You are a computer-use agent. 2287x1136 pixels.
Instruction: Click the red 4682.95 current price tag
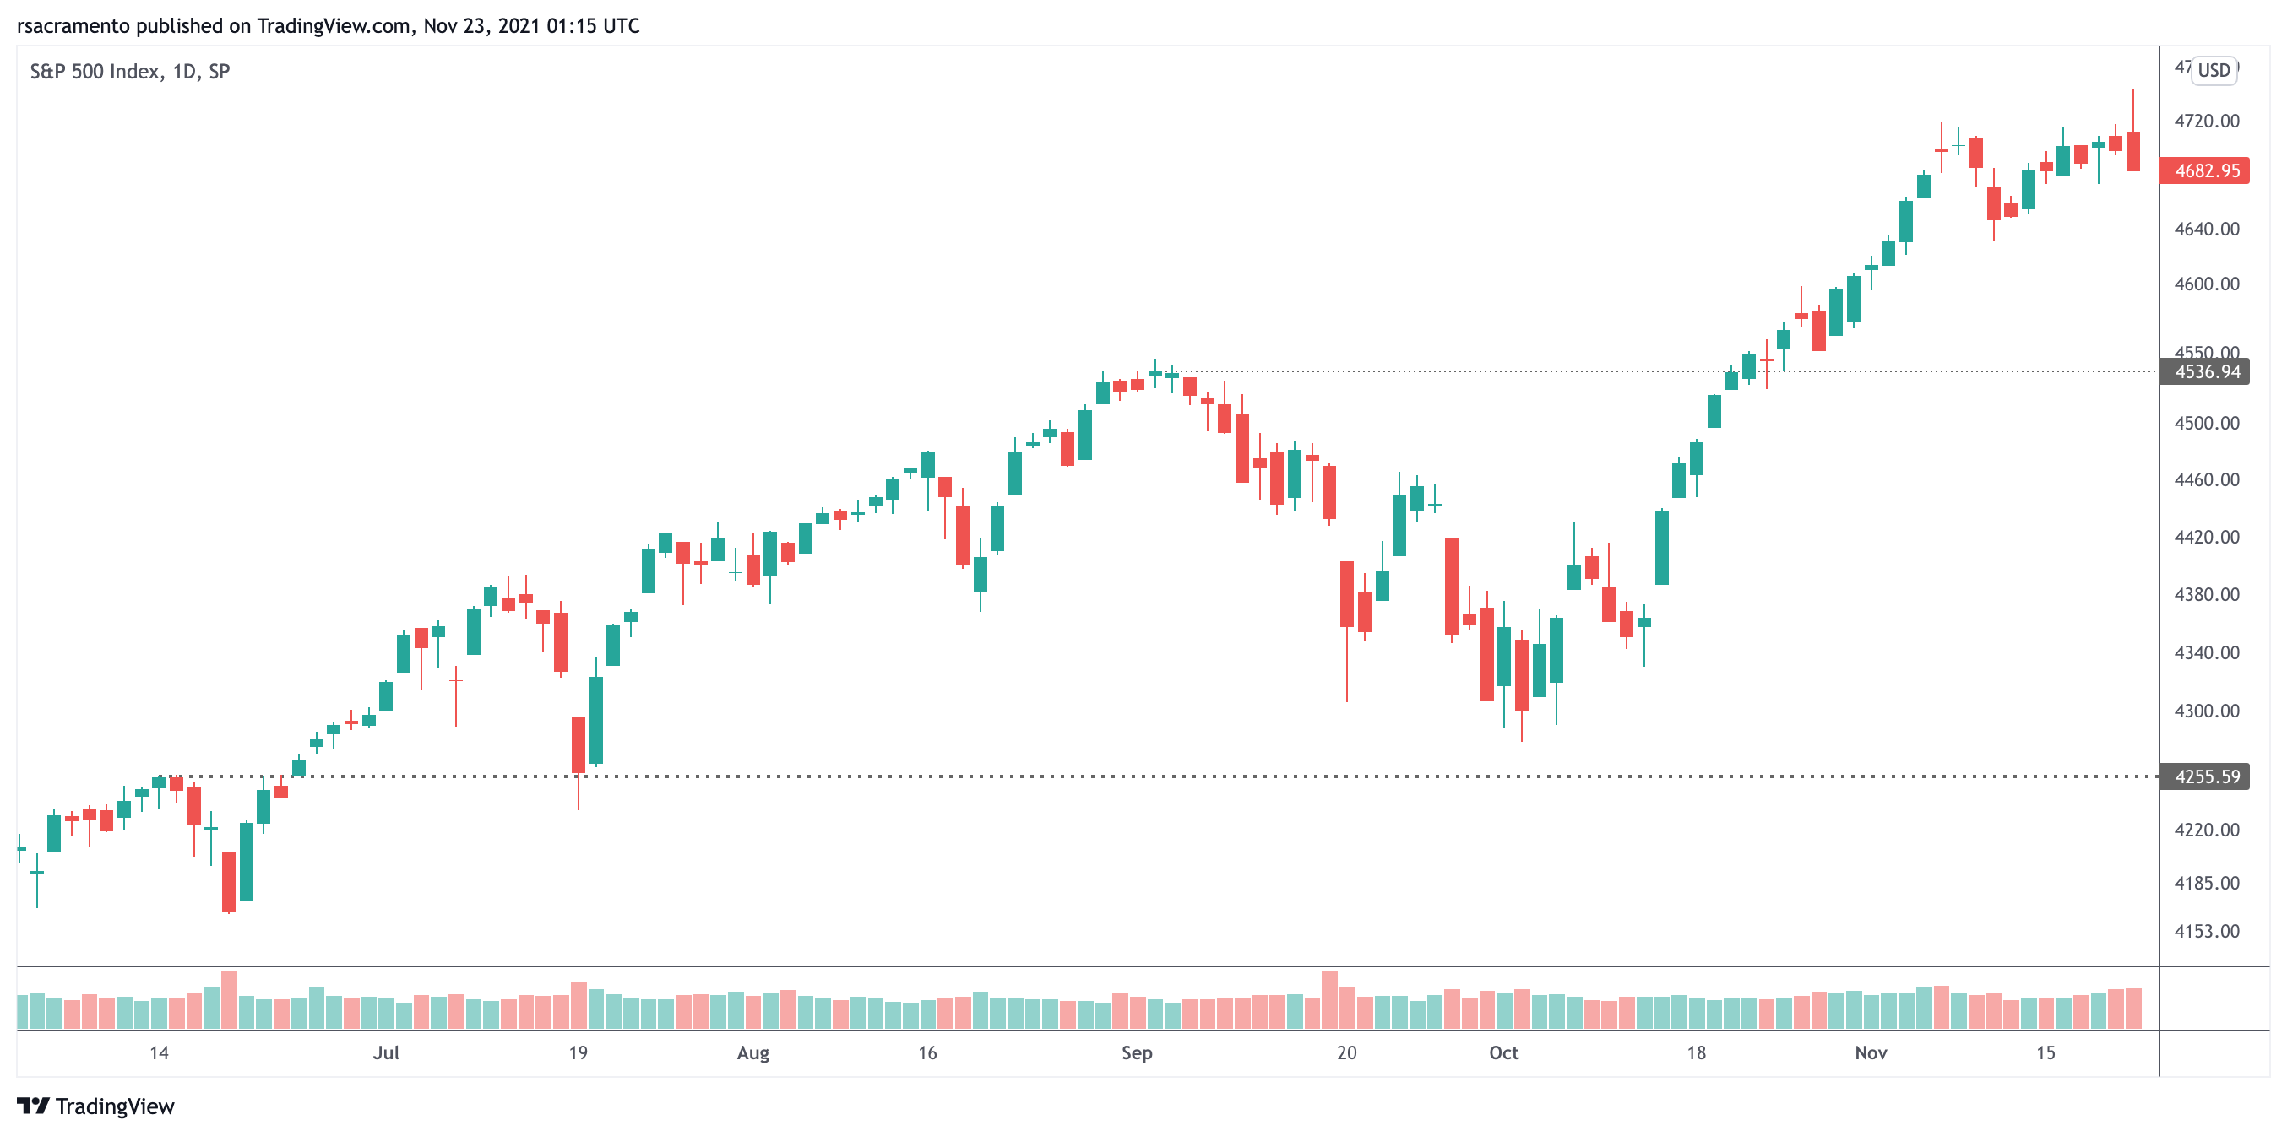point(2205,170)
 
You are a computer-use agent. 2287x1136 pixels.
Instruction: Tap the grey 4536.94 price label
point(2205,372)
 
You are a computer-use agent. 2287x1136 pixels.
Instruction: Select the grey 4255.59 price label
point(2205,776)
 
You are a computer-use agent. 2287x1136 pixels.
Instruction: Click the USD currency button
point(2214,70)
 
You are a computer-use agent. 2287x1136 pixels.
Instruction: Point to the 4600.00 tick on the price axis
point(2206,284)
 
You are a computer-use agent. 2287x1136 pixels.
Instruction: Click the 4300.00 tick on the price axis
point(2206,711)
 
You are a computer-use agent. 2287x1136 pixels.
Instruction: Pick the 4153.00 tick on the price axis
point(2206,931)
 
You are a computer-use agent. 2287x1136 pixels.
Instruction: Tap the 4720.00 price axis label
point(2206,121)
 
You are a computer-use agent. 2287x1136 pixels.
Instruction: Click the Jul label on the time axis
point(386,1052)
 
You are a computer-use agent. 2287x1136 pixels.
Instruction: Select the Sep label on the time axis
point(1137,1052)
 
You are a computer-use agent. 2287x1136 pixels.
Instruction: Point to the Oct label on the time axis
point(1503,1052)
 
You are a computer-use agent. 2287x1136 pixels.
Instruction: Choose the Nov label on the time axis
point(1871,1052)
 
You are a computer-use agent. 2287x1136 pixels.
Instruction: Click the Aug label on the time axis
point(752,1052)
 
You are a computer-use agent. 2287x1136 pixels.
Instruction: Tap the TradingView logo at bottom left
point(96,1106)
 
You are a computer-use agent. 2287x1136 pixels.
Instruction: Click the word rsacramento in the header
point(73,25)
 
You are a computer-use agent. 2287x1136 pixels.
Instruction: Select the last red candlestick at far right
point(2132,151)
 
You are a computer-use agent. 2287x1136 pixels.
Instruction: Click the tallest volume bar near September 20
point(1329,1000)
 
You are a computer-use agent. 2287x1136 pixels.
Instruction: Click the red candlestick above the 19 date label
point(578,744)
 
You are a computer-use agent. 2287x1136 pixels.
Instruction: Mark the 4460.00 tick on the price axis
point(2206,480)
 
